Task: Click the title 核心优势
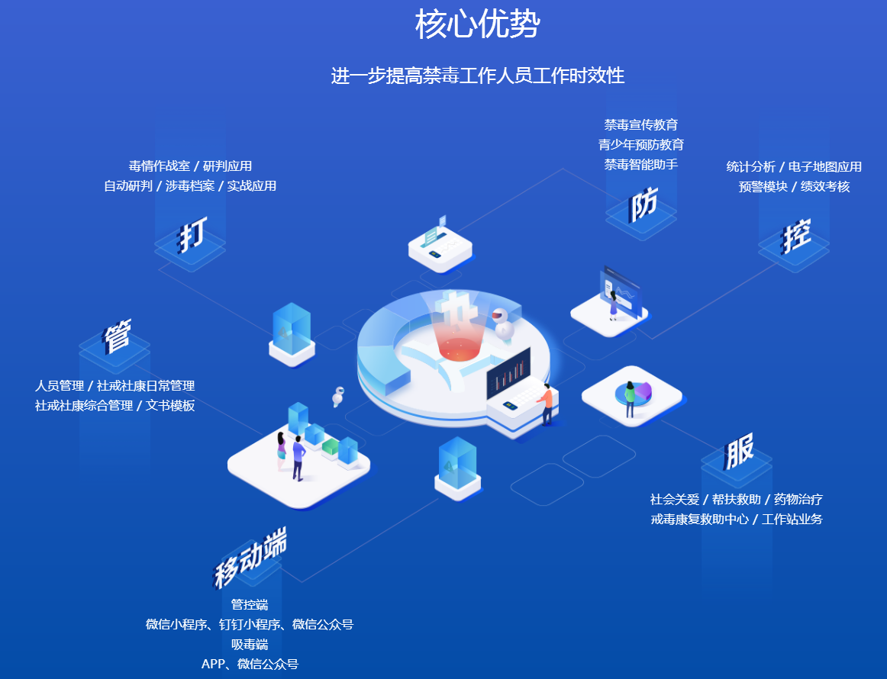[x=477, y=24]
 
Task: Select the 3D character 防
[x=643, y=204]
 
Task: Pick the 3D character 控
[x=795, y=236]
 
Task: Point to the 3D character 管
[x=117, y=336]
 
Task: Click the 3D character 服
[x=739, y=451]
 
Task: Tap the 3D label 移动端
[x=250, y=557]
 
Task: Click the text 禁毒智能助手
[x=641, y=165]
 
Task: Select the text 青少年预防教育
[x=641, y=145]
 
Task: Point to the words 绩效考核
[x=824, y=187]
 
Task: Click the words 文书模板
[x=170, y=405]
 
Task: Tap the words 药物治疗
[x=798, y=499]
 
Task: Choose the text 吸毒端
[x=250, y=644]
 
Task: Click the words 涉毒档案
[x=190, y=186]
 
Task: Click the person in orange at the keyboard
[x=546, y=404]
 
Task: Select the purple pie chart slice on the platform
[x=643, y=390]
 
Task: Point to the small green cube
[x=331, y=446]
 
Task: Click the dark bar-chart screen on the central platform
[x=508, y=373]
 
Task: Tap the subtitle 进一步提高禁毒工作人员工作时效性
[x=477, y=76]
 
